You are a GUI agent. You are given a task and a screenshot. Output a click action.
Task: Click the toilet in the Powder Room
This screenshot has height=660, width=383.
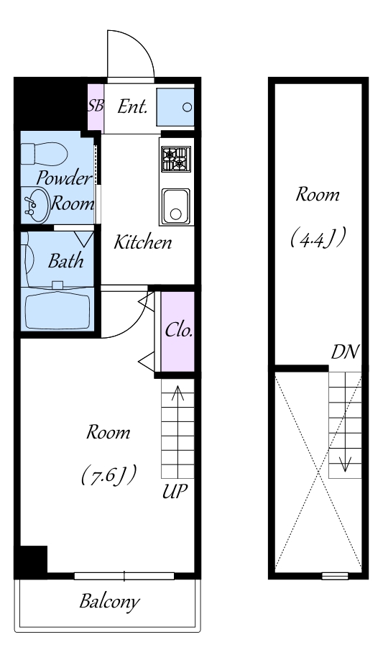45,155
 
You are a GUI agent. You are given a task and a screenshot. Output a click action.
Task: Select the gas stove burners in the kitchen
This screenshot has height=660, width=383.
176,159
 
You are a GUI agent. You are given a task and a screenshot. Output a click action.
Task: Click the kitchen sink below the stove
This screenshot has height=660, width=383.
176,206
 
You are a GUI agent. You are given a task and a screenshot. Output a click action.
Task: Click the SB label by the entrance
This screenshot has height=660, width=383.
96,105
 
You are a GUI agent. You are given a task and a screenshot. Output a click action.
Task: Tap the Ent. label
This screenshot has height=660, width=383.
132,107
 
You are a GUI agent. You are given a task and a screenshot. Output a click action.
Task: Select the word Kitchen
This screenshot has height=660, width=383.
143,243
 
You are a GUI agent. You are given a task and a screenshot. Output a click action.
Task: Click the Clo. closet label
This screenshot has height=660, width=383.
179,331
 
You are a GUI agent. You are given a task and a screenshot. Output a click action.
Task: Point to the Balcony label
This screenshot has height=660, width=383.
109,602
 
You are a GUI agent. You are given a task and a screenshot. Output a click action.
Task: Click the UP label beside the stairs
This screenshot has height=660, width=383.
175,491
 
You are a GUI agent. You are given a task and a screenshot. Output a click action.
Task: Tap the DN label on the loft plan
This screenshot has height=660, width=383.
345,352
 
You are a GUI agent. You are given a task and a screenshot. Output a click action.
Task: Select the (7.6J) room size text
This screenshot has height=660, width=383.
109,475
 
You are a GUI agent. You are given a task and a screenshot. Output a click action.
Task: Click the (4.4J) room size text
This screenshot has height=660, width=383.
318,238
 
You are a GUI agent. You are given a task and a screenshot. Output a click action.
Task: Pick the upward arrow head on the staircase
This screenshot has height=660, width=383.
178,393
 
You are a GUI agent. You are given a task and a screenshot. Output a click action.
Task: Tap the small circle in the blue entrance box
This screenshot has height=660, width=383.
187,107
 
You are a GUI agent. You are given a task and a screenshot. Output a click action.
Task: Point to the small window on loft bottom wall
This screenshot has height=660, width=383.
335,576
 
